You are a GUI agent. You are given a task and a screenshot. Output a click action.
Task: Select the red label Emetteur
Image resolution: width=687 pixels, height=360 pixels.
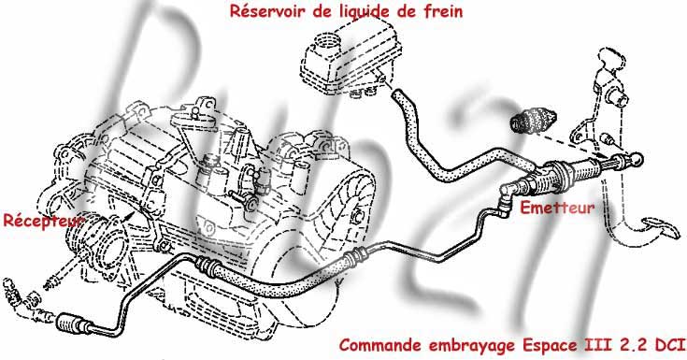[557, 208]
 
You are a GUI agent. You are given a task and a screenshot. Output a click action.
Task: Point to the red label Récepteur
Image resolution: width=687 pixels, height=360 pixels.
[43, 221]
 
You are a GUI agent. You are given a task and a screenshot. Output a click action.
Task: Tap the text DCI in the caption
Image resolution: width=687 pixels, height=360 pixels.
[670, 346]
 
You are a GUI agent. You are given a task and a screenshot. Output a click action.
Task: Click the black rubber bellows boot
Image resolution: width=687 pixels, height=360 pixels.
[534, 119]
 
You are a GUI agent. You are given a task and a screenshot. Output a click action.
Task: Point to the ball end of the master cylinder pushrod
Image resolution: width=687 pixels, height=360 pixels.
[637, 159]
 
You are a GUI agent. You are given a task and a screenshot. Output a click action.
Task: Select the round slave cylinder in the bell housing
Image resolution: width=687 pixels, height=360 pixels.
[102, 246]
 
